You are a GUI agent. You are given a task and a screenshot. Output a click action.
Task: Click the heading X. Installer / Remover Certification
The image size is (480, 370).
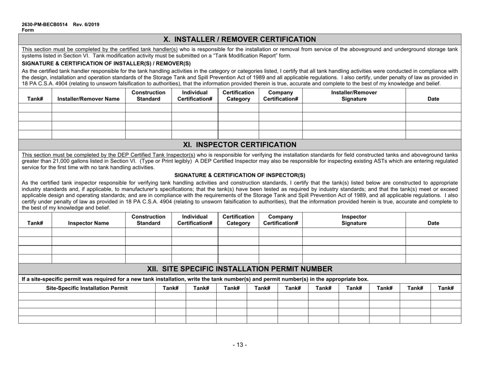239,39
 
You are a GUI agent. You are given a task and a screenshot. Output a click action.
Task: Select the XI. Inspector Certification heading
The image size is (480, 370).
239,145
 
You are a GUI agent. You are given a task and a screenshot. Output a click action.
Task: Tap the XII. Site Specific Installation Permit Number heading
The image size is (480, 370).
239,269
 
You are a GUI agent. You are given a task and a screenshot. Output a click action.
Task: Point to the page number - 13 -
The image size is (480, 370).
239,345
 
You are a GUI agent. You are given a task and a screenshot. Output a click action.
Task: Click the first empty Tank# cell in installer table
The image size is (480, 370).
35,108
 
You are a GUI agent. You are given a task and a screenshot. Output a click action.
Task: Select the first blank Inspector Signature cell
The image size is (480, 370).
354,231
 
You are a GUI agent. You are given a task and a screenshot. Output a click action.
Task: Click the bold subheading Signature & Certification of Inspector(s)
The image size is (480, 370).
239,175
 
